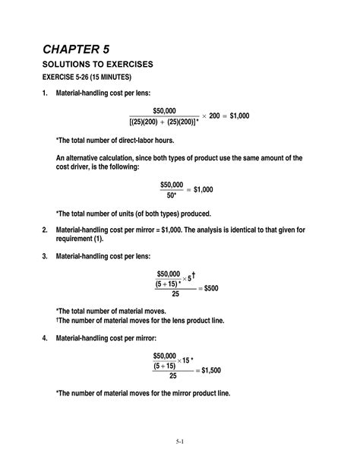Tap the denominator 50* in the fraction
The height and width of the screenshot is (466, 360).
point(172,195)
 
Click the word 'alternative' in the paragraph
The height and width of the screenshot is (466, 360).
point(96,157)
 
